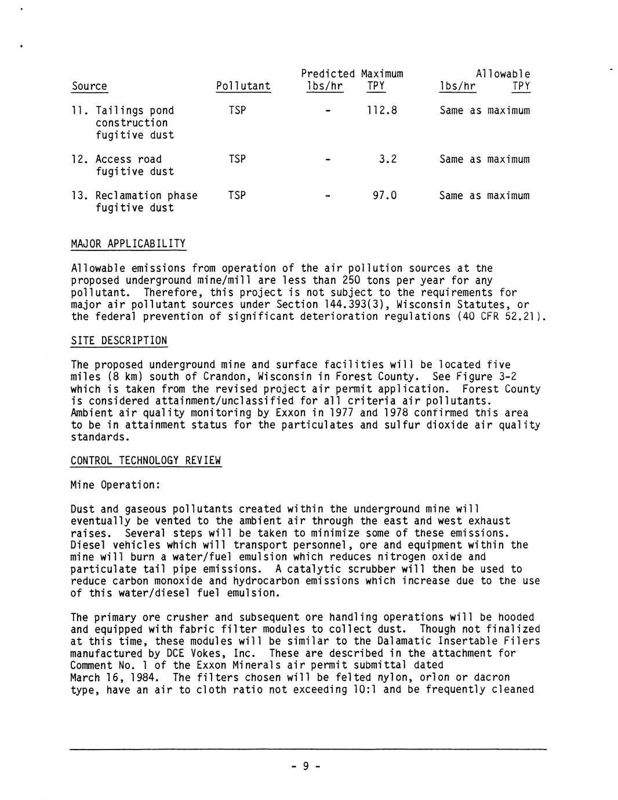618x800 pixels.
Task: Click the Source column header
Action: click(89, 86)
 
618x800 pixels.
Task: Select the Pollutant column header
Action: click(243, 86)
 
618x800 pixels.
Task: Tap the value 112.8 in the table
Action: click(382, 110)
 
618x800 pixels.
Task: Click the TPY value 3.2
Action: click(388, 159)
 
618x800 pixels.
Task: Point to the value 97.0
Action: click(384, 195)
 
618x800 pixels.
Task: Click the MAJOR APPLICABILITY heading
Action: click(128, 243)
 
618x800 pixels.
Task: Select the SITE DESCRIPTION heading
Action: click(119, 340)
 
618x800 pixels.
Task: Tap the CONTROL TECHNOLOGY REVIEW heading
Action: click(146, 461)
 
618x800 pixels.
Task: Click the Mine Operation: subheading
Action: click(113, 485)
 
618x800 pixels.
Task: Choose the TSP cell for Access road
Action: click(237, 159)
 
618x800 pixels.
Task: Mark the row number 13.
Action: click(78, 195)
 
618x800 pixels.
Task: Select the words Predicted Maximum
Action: click(352, 74)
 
